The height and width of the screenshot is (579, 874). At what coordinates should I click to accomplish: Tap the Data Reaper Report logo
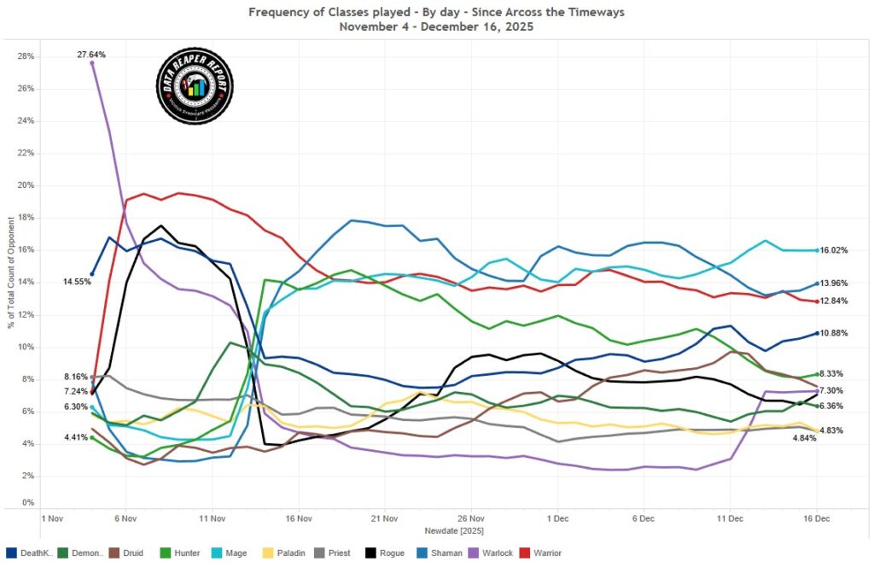coord(195,85)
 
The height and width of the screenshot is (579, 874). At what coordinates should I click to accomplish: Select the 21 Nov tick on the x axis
coord(385,518)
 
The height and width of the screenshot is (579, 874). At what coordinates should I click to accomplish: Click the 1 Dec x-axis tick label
coord(558,518)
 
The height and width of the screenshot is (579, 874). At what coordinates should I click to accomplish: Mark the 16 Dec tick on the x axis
coord(817,518)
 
